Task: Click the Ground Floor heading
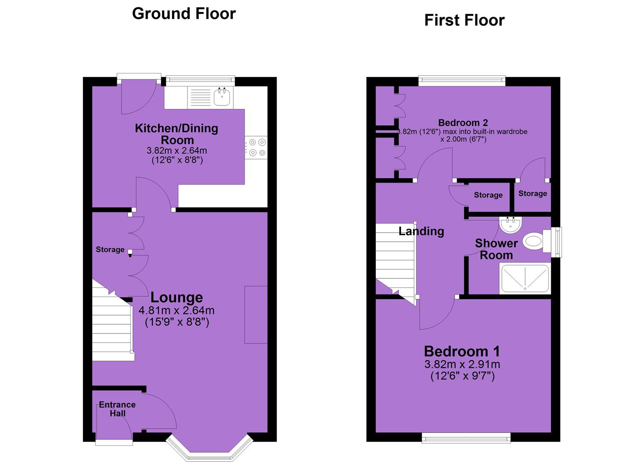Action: click(x=184, y=14)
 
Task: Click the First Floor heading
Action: click(x=465, y=20)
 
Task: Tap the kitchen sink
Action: click(x=222, y=97)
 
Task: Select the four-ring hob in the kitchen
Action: click(x=256, y=147)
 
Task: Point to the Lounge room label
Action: click(x=177, y=297)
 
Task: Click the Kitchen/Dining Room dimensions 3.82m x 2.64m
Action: click(x=177, y=150)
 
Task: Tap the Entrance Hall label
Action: click(x=117, y=409)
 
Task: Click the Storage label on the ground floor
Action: click(x=110, y=249)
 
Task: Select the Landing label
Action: click(x=421, y=231)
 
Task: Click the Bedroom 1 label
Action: click(x=462, y=351)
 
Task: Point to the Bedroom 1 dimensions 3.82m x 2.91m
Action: click(x=462, y=365)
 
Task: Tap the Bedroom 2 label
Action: click(x=463, y=123)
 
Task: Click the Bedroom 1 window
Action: click(x=466, y=438)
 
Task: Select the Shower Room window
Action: click(x=557, y=242)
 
